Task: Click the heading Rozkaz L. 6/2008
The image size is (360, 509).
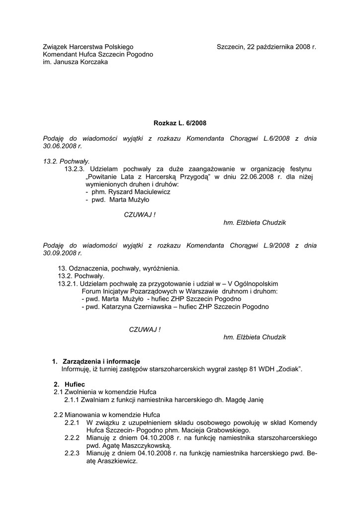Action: [180, 122]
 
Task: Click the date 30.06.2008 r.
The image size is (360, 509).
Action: [62, 147]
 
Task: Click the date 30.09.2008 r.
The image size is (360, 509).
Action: [62, 253]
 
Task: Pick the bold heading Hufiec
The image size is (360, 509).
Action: [75, 384]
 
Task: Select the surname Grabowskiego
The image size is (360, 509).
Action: [226, 430]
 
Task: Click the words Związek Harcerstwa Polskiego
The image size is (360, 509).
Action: [88, 47]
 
